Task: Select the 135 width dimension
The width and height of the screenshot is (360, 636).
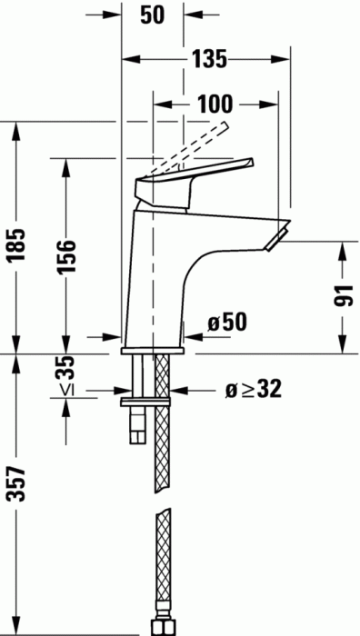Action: (x=209, y=60)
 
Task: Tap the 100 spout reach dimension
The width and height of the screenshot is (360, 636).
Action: (x=214, y=104)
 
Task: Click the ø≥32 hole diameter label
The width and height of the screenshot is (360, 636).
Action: (x=252, y=390)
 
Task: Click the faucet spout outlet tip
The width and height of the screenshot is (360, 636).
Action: (x=276, y=238)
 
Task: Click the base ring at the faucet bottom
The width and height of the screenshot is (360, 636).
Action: (x=154, y=349)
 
